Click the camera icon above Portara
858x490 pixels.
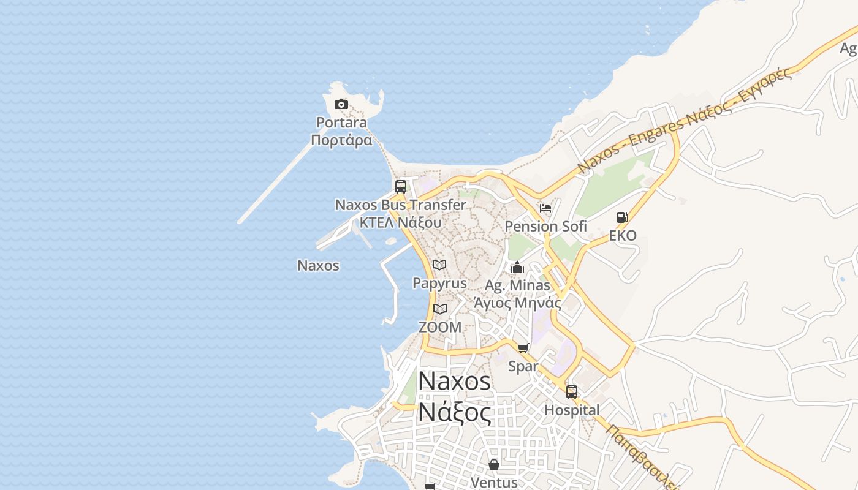click(x=341, y=105)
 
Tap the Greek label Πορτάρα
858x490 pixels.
click(x=341, y=140)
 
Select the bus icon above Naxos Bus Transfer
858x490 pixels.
click(x=401, y=187)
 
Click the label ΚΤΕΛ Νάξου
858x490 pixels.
click(x=400, y=222)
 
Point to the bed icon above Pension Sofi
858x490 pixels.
click(x=545, y=208)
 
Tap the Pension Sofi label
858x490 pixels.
click(x=545, y=226)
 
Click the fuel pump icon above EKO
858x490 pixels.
click(x=622, y=217)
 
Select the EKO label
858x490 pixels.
click(x=623, y=236)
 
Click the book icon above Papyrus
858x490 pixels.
click(x=439, y=265)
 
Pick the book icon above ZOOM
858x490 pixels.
click(x=440, y=309)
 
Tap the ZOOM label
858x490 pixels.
click(x=440, y=327)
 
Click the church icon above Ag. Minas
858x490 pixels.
click(x=517, y=268)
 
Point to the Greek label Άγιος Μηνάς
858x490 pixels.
click(x=517, y=303)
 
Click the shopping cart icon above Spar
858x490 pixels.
click(x=523, y=348)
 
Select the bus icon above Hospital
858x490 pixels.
click(x=572, y=391)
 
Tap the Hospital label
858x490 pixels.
click(x=572, y=410)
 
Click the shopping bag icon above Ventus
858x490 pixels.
click(x=494, y=465)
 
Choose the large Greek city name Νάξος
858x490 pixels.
click(x=455, y=412)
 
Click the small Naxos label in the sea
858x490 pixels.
click(x=318, y=266)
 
